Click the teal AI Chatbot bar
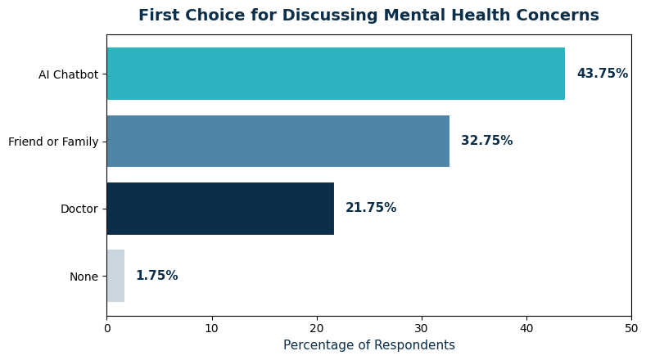(336, 74)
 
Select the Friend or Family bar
(278, 141)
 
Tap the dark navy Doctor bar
(220, 209)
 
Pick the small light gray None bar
(115, 276)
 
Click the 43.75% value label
(602, 74)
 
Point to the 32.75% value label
(486, 141)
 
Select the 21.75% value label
(371, 209)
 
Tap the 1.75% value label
(156, 276)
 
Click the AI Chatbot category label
(68, 74)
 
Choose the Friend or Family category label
(53, 142)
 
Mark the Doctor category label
(79, 209)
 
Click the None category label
(84, 277)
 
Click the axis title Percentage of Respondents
(369, 345)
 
